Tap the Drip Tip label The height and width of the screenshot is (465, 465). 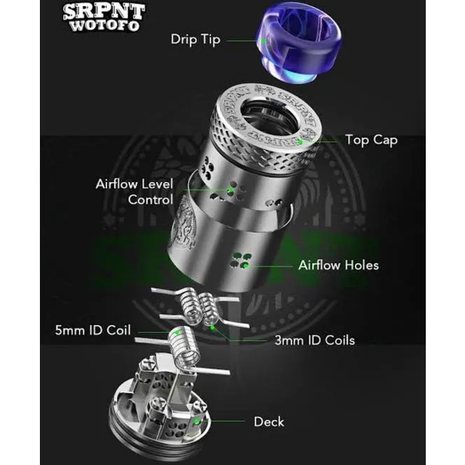click(x=195, y=39)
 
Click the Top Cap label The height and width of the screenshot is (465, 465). click(x=371, y=140)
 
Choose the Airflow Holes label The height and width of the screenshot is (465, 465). click(x=338, y=265)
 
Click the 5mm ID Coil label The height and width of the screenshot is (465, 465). click(x=94, y=330)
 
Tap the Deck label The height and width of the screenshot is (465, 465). click(x=269, y=422)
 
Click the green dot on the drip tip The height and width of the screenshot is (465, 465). click(x=263, y=41)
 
